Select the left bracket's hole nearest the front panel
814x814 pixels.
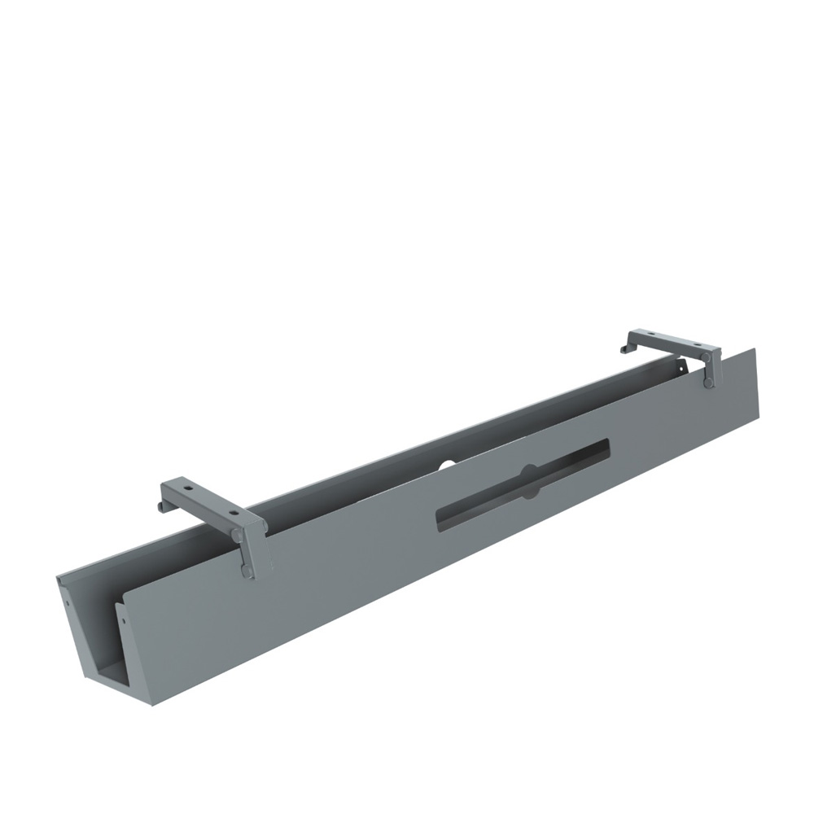[x=232, y=514]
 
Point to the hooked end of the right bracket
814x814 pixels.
[x=624, y=349]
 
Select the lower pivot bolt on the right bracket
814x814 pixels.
[x=709, y=383]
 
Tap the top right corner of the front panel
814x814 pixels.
[x=754, y=350]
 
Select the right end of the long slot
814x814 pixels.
[x=606, y=445]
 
